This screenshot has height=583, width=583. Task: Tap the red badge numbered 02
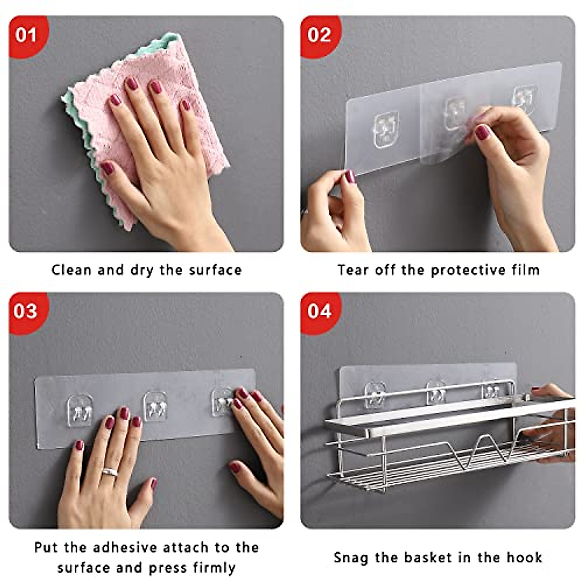click(x=319, y=35)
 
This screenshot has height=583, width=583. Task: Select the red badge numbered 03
click(x=26, y=311)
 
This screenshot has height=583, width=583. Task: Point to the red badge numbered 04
click(x=319, y=311)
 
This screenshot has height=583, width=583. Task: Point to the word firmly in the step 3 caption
click(x=214, y=567)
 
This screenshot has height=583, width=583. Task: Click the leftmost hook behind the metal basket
click(x=375, y=394)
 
